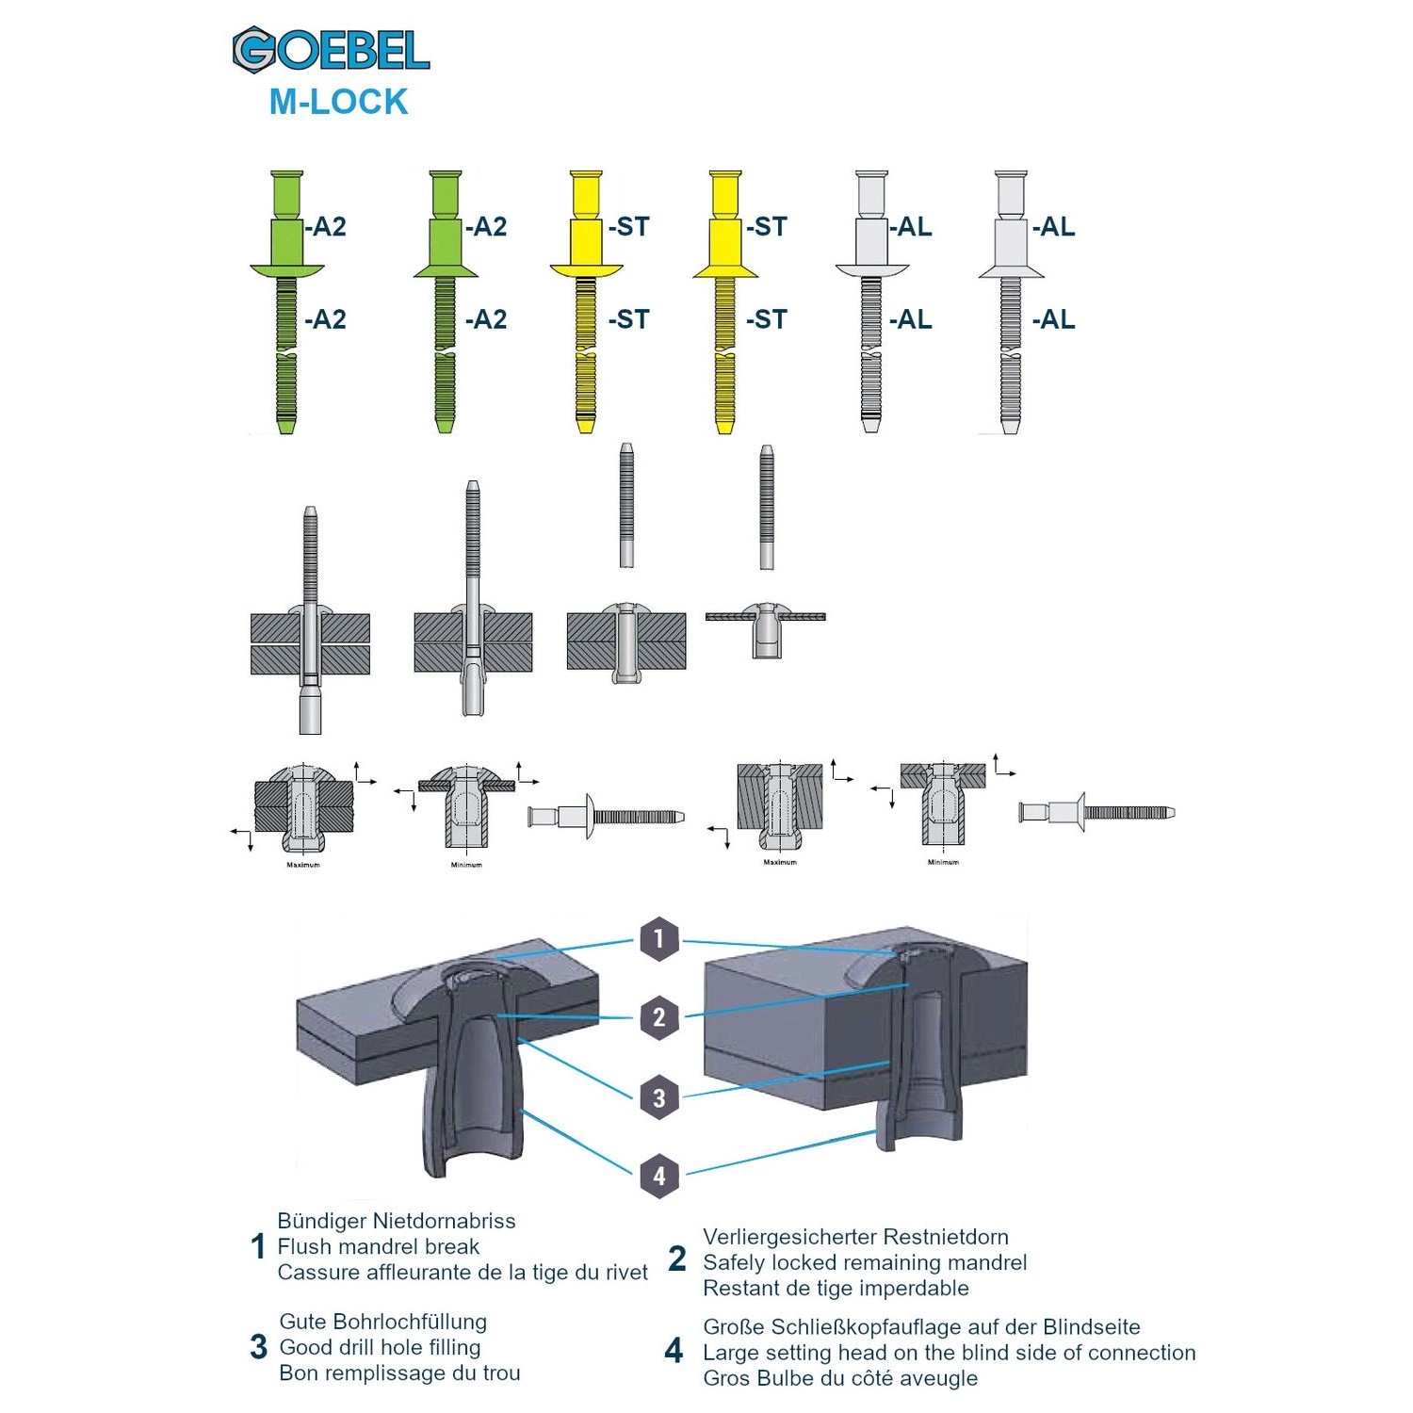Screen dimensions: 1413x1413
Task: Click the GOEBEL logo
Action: pyautogui.click(x=331, y=50)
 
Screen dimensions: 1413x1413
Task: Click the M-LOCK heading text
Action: pyautogui.click(x=338, y=102)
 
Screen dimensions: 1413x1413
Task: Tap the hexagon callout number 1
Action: pyautogui.click(x=659, y=938)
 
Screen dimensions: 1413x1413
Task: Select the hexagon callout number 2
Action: pyautogui.click(x=659, y=1017)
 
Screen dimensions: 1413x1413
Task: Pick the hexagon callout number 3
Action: pyautogui.click(x=659, y=1097)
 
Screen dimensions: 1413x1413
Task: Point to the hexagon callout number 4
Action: pyautogui.click(x=659, y=1176)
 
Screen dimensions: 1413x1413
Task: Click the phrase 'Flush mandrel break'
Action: pyautogui.click(x=378, y=1246)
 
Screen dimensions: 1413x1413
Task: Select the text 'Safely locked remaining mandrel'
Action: pyautogui.click(x=864, y=1262)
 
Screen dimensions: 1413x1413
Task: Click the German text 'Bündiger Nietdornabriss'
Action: pyautogui.click(x=397, y=1221)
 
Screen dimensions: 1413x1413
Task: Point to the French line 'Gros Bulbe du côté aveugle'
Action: pyautogui.click(x=840, y=1378)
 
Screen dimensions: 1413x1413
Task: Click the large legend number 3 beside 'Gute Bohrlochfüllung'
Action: pyautogui.click(x=259, y=1347)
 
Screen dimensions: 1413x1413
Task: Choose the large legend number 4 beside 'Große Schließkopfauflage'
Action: pyautogui.click(x=674, y=1352)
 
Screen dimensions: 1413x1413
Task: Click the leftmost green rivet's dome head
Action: pyautogui.click(x=287, y=270)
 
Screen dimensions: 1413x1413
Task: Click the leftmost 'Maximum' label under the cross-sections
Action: pyautogui.click(x=303, y=865)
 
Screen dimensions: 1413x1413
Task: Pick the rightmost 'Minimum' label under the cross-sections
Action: pyautogui.click(x=943, y=862)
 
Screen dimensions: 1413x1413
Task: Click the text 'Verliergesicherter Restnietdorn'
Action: pyautogui.click(x=855, y=1237)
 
